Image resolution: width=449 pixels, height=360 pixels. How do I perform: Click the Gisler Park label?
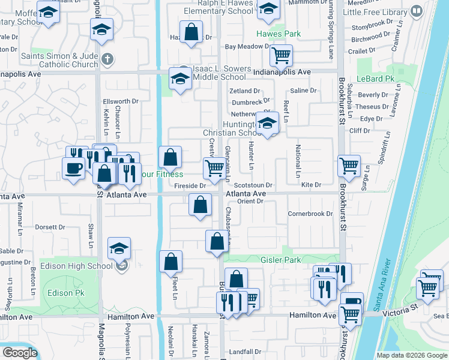(x=280, y=260)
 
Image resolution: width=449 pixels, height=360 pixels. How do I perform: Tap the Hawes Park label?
(x=271, y=34)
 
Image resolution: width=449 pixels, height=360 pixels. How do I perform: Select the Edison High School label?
(x=76, y=266)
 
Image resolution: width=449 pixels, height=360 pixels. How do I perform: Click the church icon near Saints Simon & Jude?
(x=107, y=59)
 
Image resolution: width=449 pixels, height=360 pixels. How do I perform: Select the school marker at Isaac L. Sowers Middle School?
(x=179, y=79)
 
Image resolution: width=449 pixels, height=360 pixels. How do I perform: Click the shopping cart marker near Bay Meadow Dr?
(x=281, y=56)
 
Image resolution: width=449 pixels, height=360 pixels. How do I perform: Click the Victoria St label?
(x=402, y=306)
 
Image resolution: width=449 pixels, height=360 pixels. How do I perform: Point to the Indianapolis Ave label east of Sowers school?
(x=282, y=72)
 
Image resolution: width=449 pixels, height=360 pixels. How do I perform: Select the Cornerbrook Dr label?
(x=310, y=214)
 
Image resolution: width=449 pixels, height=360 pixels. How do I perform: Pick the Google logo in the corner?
(x=20, y=353)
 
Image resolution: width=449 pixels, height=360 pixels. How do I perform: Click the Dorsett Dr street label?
(x=50, y=227)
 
